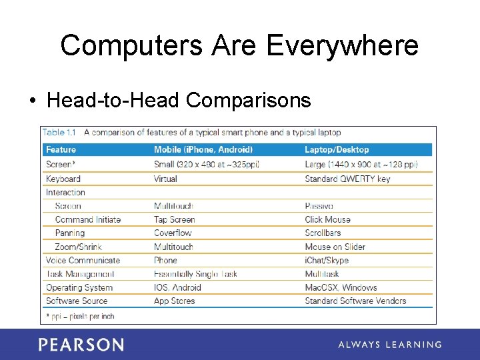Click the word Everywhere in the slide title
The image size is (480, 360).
pos(342,45)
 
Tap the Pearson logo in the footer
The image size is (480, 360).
pos(81,345)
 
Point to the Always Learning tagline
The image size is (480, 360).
pos(389,345)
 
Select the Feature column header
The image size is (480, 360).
pos(61,150)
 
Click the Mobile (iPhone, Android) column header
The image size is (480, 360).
pos(203,150)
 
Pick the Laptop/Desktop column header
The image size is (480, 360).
pos(337,150)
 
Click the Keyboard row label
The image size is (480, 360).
pos(63,179)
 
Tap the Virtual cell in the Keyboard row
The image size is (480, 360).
pos(165,179)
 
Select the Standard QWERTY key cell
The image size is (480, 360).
pos(347,179)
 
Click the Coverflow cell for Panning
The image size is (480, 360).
pos(173,233)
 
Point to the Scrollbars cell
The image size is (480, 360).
pos(323,233)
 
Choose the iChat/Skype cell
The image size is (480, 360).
pos(326,261)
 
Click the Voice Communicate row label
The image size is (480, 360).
pos(83,261)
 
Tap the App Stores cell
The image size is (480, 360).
pos(174,301)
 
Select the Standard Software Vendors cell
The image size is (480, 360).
pos(355,301)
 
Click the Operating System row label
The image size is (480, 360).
pos(79,288)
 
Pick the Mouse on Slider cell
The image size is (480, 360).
pos(335,247)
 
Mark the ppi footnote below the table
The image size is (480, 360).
pos(80,315)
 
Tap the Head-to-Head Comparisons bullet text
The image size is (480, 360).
pos(179,100)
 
